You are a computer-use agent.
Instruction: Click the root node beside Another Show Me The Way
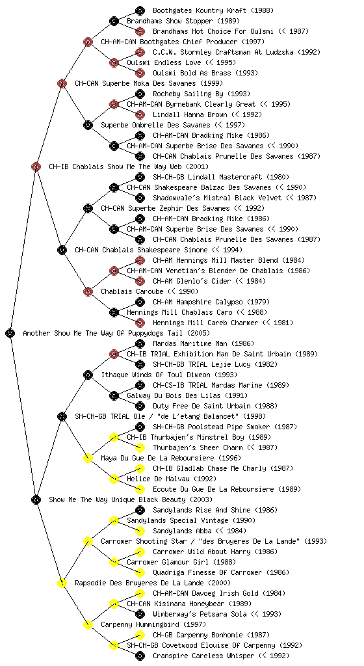click(10, 333)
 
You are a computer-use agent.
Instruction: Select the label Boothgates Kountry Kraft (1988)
click(213, 10)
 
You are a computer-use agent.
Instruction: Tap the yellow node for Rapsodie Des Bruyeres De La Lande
click(62, 583)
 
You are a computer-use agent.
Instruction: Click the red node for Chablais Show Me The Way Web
click(36, 166)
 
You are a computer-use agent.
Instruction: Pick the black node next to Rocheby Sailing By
click(140, 94)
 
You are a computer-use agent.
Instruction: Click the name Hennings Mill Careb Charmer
click(205, 323)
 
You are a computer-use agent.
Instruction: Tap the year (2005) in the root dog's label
click(198, 333)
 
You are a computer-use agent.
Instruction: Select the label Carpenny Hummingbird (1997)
click(153, 624)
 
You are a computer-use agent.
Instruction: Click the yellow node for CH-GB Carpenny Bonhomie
click(140, 635)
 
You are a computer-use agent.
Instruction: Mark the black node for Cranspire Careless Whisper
click(140, 656)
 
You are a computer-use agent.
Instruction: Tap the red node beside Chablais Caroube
click(88, 291)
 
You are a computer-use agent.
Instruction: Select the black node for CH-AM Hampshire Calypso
click(140, 302)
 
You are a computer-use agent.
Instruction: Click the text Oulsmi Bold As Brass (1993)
click(205, 73)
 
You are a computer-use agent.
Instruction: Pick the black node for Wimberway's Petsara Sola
click(140, 614)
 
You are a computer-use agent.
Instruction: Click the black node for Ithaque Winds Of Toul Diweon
click(88, 375)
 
